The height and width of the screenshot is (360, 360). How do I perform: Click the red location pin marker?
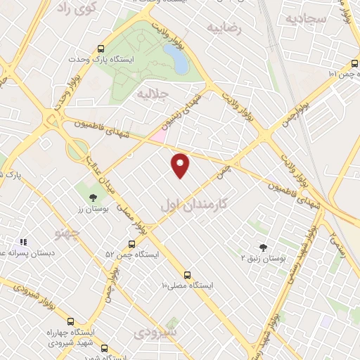coord(181,165)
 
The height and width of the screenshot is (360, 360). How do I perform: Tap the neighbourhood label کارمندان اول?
coord(193,203)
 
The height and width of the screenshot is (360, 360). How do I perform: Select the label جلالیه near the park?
coord(153,93)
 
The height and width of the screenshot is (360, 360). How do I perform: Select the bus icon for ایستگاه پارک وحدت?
coord(101,49)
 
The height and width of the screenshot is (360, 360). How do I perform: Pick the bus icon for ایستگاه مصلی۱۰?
coord(187,275)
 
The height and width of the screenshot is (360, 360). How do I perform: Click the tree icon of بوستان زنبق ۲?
coord(263,247)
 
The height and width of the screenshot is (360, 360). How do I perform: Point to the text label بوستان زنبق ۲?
coord(265,259)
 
